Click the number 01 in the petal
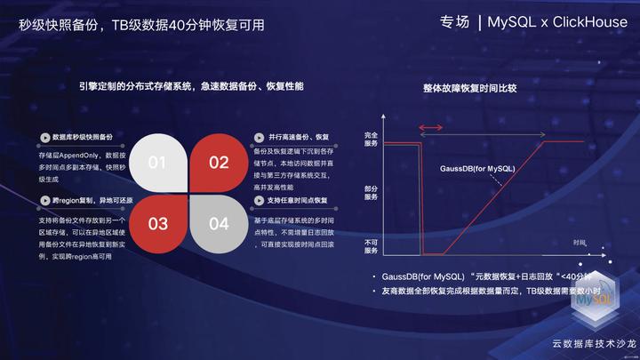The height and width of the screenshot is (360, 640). point(157,163)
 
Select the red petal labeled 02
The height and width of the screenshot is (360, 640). point(219,162)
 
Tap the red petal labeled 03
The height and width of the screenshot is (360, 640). point(157,223)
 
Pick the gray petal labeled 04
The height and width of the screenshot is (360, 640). point(219,223)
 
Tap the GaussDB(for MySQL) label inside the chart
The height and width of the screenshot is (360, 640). point(477,168)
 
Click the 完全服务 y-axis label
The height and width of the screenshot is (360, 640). point(372,139)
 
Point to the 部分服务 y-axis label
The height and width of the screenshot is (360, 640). point(372,192)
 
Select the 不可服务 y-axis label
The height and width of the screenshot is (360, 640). point(372,246)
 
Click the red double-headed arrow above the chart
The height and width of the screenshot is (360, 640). point(433,129)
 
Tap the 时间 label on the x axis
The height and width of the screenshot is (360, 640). point(580,243)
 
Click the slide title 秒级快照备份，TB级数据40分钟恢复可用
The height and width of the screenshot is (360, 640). point(141,25)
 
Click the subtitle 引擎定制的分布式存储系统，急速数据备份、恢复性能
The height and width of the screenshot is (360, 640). point(190,86)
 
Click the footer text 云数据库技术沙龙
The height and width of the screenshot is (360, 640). point(595,342)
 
